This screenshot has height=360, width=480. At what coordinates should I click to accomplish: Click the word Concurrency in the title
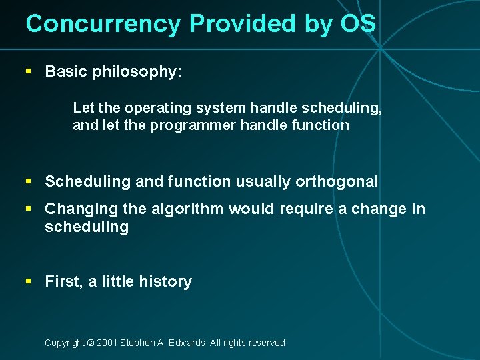pyautogui.click(x=103, y=24)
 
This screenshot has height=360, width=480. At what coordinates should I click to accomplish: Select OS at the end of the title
pyautogui.click(x=359, y=24)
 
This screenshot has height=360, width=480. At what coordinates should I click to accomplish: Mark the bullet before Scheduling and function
pyautogui.click(x=28, y=181)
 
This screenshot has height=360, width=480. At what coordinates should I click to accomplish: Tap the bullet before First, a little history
pyautogui.click(x=28, y=281)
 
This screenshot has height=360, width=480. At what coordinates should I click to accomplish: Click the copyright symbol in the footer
pyautogui.click(x=91, y=343)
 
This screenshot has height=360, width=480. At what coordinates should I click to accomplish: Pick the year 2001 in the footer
pyautogui.click(x=107, y=343)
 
